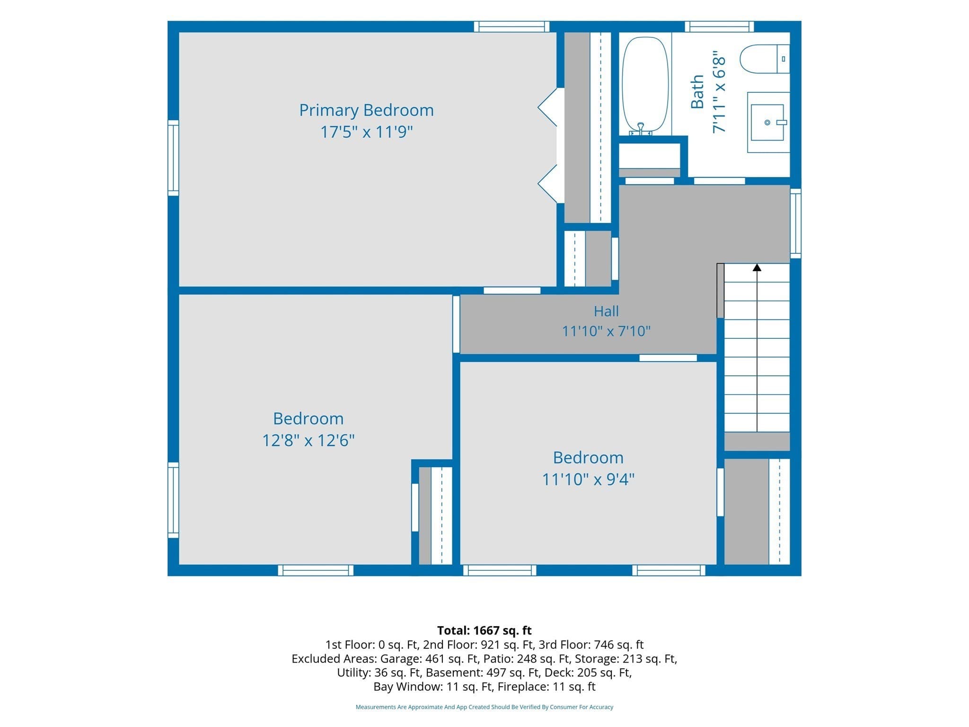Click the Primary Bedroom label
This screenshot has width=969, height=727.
pos(366,110)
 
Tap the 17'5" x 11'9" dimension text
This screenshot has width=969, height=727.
pos(366,132)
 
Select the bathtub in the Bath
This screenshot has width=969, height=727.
pos(645,86)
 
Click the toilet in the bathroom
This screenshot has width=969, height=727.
pos(765,59)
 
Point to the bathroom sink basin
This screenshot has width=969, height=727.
pos(767,123)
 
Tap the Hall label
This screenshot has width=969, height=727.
pos(606,311)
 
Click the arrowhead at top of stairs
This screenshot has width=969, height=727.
pos(757,267)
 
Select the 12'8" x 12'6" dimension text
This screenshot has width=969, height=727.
pos(308,441)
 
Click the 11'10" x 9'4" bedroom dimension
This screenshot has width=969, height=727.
pos(588,479)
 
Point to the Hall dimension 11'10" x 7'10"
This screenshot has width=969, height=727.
pos(606,331)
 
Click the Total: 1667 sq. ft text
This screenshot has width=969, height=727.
pos(484,630)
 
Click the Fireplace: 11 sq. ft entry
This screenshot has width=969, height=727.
pos(546,687)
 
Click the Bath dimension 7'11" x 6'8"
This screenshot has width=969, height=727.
pos(719,92)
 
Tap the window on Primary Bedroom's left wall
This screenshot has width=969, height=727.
pos(174,158)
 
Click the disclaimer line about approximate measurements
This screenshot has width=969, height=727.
pos(484,707)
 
